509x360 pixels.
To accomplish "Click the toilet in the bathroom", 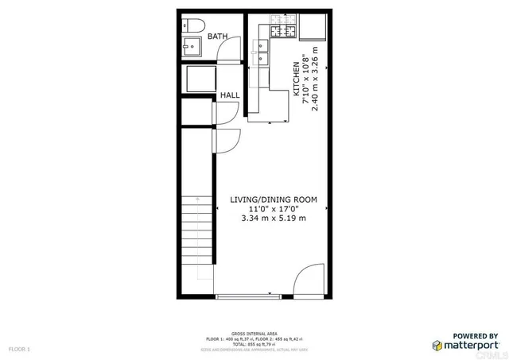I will tap(191, 24).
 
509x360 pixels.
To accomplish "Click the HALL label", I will tap(230, 95).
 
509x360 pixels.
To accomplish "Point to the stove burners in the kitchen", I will tap(282, 33).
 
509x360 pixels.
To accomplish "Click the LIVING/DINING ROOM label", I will tap(274, 199).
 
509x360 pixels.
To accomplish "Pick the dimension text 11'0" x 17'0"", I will tap(274, 209).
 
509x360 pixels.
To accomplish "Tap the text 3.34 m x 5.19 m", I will tap(274, 219).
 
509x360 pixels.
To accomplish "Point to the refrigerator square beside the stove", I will tap(313, 28).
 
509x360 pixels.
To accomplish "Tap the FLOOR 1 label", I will tap(19, 349).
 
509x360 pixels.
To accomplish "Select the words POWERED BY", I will tap(476, 335).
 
